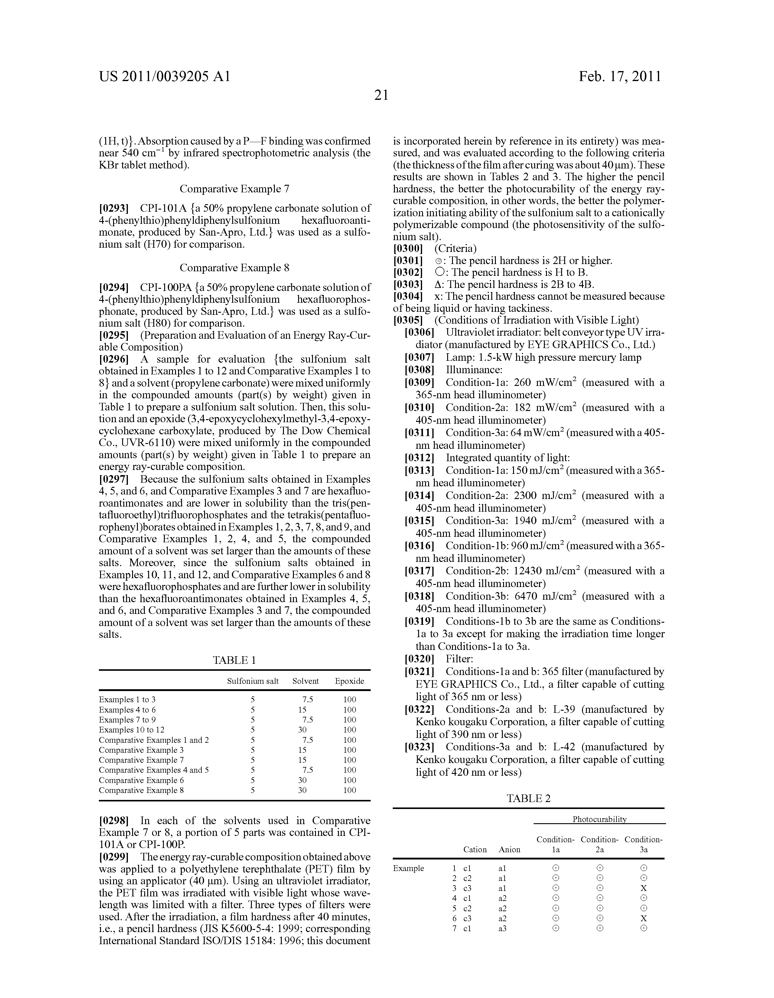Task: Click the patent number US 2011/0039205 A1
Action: click(164, 76)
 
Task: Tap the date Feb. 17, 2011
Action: click(620, 76)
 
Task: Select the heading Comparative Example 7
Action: click(234, 189)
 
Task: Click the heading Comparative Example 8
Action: click(234, 268)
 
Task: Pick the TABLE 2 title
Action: click(528, 798)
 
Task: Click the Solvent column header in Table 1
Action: click(305, 681)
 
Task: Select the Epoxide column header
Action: click(350, 681)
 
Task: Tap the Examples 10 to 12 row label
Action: click(132, 730)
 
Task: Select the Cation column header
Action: click(475, 850)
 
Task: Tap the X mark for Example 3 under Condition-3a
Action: click(643, 888)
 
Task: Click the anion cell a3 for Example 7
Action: click(502, 928)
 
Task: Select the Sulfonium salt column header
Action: click(253, 681)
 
